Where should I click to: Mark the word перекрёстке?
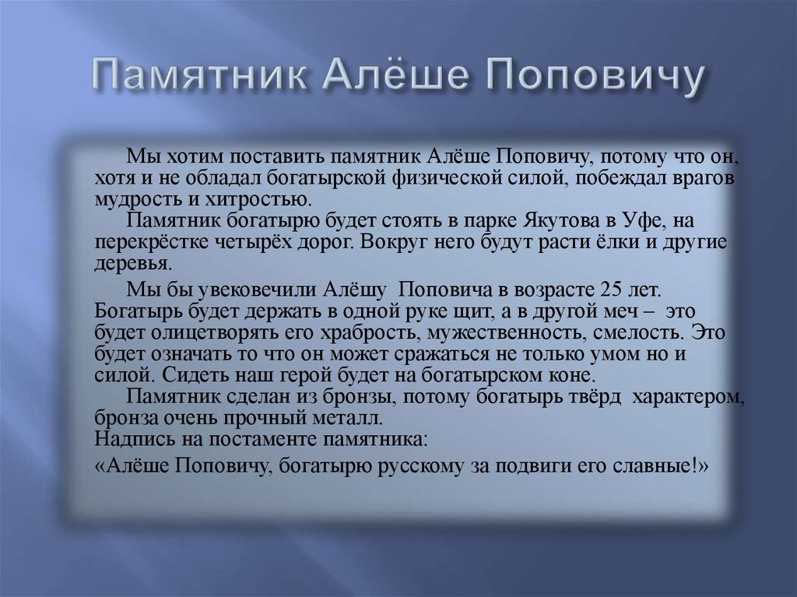pyautogui.click(x=149, y=242)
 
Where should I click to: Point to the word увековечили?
pyautogui.click(x=255, y=290)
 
